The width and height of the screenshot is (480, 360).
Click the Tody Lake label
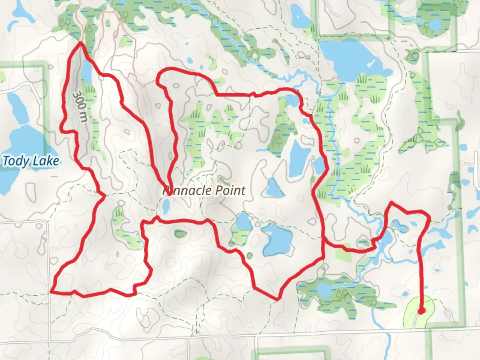31,161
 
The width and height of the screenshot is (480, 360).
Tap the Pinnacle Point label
204,191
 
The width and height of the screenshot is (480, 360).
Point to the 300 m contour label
80,107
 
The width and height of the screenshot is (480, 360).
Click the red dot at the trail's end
421,311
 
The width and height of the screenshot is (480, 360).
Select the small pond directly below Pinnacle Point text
166,207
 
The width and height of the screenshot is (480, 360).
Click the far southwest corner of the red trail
51,292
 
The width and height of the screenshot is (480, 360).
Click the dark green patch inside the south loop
180,233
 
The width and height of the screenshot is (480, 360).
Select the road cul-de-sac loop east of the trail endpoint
448,313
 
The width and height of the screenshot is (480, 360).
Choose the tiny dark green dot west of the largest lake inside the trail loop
249,256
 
